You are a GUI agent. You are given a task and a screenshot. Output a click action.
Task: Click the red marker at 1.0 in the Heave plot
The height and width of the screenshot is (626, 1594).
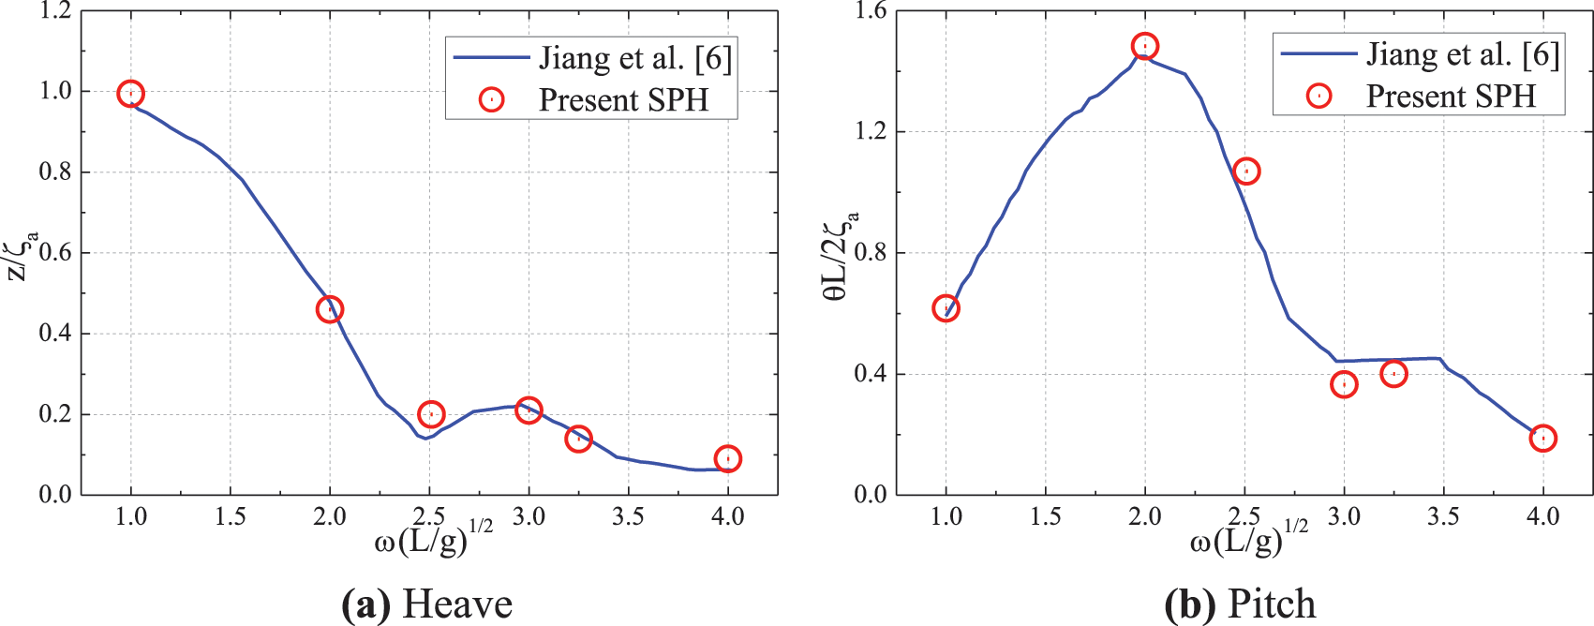(131, 94)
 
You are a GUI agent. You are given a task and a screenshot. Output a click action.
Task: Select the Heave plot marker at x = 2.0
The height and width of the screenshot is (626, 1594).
(330, 309)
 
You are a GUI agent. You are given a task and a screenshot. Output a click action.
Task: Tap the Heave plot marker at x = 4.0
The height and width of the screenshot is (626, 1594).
(727, 458)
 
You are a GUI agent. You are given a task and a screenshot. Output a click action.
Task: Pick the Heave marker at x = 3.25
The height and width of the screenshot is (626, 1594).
(578, 438)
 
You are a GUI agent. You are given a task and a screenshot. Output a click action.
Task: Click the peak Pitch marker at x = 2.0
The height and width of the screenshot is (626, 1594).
(1144, 46)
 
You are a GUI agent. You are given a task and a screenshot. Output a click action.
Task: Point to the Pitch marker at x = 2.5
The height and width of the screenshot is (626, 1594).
(1245, 171)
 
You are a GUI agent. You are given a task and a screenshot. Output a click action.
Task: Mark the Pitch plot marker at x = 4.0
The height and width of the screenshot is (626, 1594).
(1542, 438)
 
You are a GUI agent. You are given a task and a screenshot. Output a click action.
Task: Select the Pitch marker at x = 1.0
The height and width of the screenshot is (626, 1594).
(946, 308)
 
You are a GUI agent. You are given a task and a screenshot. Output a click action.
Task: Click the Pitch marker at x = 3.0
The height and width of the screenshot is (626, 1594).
(1344, 384)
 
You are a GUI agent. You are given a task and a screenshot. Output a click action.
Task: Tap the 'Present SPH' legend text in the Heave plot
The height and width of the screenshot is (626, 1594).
(623, 99)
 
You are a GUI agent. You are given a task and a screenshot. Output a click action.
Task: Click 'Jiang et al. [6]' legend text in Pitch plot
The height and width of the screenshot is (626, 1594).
(1462, 54)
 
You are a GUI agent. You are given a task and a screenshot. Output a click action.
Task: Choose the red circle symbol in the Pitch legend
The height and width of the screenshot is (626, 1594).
(1318, 96)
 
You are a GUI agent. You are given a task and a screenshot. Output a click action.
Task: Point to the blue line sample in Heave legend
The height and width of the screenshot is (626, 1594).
(491, 57)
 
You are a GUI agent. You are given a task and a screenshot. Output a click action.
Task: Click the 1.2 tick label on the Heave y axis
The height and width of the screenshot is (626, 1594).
(55, 11)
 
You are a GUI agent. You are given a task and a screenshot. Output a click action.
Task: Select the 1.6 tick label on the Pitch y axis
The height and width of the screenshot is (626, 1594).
(871, 11)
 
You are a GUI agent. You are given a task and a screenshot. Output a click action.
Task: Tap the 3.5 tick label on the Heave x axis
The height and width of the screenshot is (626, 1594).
(628, 516)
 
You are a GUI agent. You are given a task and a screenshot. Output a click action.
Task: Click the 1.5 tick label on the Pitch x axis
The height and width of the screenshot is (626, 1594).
(1045, 516)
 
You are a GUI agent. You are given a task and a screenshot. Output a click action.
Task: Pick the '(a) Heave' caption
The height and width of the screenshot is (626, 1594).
(427, 604)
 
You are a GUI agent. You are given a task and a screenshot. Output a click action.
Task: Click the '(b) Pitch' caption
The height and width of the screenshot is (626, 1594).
(1240, 604)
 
